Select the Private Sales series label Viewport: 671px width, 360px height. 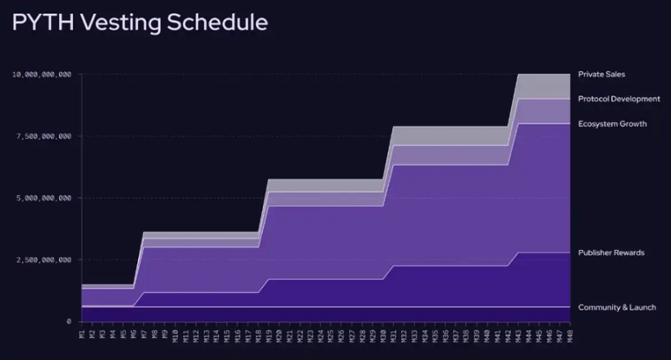[x=601, y=74]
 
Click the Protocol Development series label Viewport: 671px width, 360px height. [x=619, y=99]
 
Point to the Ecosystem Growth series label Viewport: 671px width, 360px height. [x=612, y=124]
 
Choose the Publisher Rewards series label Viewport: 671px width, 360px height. [x=611, y=253]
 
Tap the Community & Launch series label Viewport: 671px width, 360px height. [x=617, y=307]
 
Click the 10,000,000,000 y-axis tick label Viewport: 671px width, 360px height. [x=41, y=74]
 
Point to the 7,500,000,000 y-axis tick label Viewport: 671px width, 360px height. [x=44, y=137]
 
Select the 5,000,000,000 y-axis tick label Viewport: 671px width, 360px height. [x=44, y=198]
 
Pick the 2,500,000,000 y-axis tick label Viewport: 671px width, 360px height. [x=44, y=260]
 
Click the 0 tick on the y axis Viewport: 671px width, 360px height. [x=69, y=322]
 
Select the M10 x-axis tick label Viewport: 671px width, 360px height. [x=175, y=334]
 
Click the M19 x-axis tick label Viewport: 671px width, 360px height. [x=268, y=334]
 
